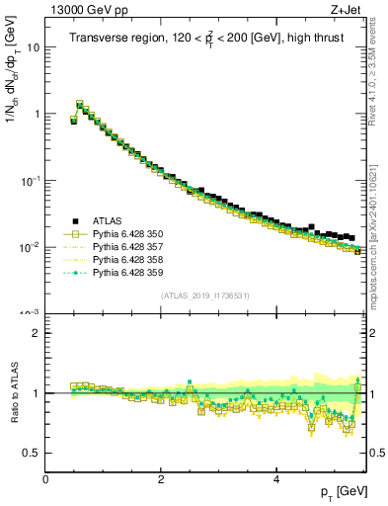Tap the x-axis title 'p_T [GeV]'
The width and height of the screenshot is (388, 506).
coord(342,490)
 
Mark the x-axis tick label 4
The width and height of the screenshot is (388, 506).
coord(275,478)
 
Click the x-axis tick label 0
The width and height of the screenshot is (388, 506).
coord(46,478)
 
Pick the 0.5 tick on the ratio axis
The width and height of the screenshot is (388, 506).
coord(32,453)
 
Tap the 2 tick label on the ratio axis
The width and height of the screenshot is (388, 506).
coord(36,333)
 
